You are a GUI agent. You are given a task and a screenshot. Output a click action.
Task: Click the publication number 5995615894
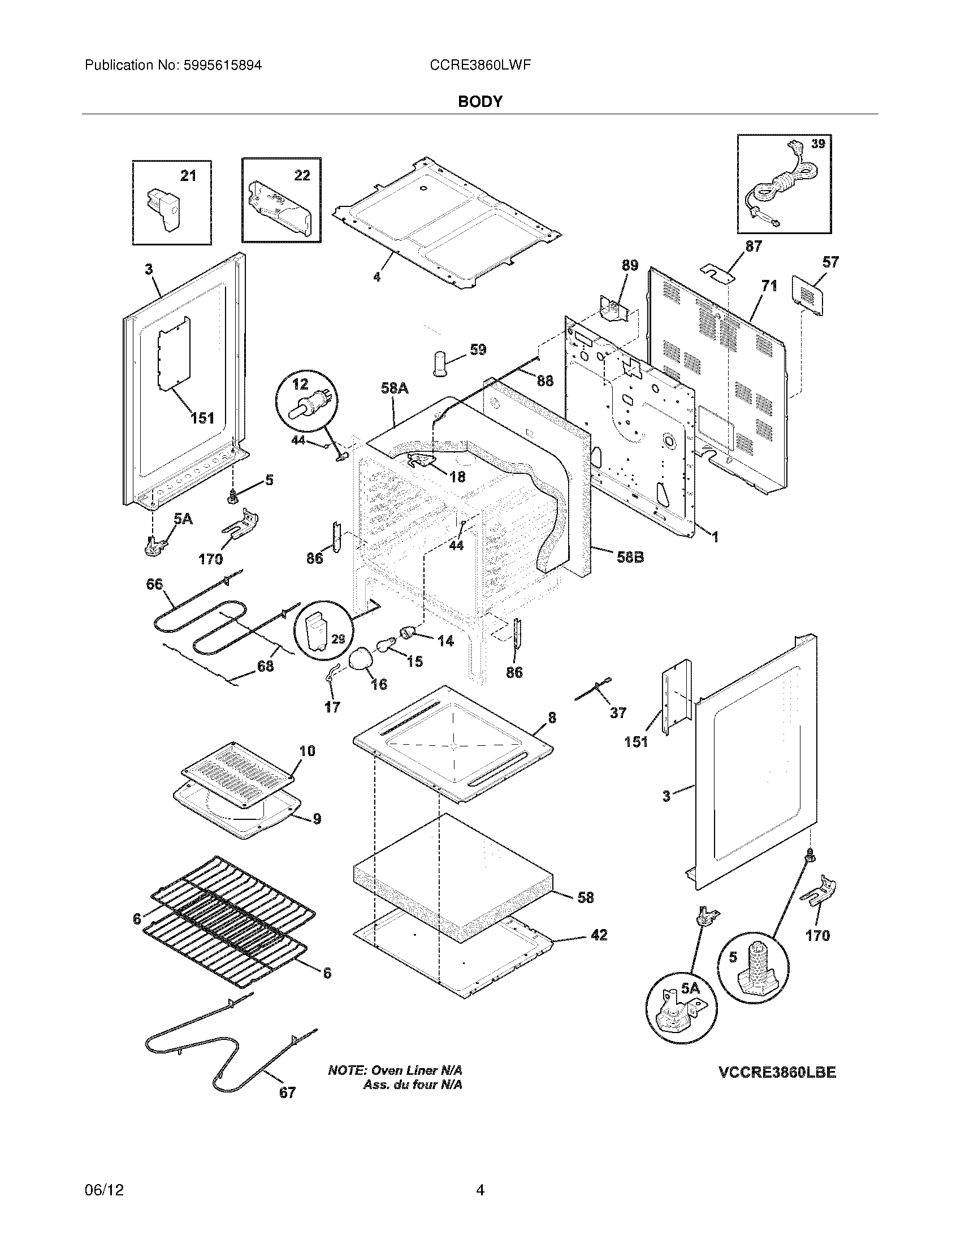222,66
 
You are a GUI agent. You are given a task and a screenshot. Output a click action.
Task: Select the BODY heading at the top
480,102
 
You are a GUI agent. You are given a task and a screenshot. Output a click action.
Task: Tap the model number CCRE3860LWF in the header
480,66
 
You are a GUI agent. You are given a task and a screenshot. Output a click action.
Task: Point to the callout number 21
188,176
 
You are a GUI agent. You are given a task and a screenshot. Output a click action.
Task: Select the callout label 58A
395,388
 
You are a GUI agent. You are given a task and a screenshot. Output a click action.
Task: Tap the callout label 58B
630,557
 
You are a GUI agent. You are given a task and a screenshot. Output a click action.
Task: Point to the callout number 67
288,1092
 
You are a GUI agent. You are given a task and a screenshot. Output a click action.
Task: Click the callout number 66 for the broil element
154,584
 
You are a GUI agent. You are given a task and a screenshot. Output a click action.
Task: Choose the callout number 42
599,935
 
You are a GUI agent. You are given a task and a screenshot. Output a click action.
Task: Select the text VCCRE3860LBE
777,1073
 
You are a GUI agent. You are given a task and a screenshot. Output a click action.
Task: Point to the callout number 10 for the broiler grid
307,751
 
